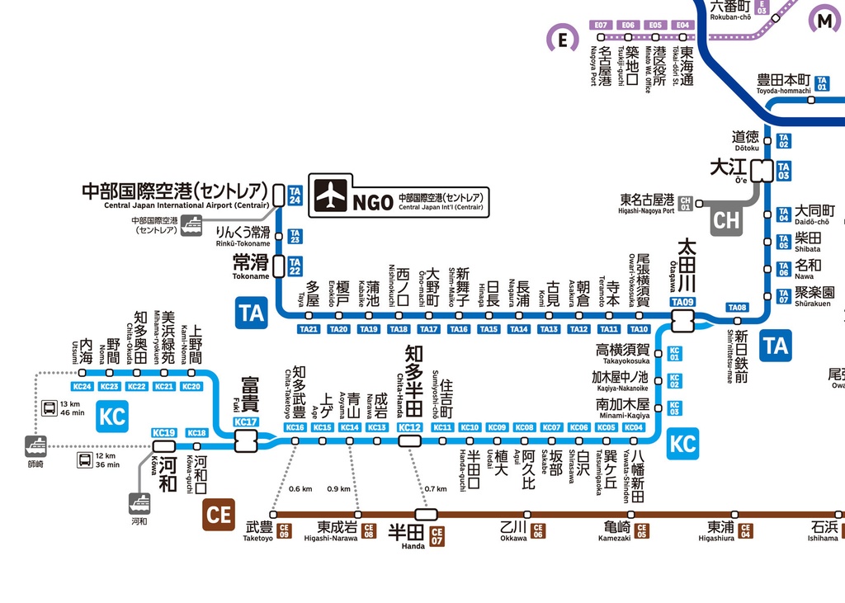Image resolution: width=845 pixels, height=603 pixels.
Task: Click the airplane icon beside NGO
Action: click(x=330, y=196)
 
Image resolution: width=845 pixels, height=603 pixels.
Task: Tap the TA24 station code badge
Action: click(x=295, y=196)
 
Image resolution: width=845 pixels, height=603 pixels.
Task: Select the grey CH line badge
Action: click(x=727, y=220)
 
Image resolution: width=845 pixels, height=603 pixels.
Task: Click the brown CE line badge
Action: click(x=219, y=515)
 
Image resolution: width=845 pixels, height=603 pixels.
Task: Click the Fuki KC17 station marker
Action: click(x=245, y=441)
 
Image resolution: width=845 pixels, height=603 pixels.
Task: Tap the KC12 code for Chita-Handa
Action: click(x=409, y=427)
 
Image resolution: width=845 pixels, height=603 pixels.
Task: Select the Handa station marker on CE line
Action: click(x=426, y=515)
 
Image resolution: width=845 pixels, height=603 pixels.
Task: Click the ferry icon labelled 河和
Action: click(x=139, y=503)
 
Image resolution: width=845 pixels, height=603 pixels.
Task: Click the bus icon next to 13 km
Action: click(x=49, y=407)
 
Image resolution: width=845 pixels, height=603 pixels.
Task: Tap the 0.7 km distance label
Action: click(x=436, y=488)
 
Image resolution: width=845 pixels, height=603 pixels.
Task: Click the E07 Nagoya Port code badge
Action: click(x=602, y=26)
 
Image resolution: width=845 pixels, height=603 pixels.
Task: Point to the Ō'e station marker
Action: click(x=762, y=171)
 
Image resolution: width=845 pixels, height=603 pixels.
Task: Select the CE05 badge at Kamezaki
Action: click(x=641, y=530)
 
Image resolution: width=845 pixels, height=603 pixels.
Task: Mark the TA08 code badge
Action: click(x=737, y=308)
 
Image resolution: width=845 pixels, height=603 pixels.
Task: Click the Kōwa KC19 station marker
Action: click(x=164, y=446)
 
